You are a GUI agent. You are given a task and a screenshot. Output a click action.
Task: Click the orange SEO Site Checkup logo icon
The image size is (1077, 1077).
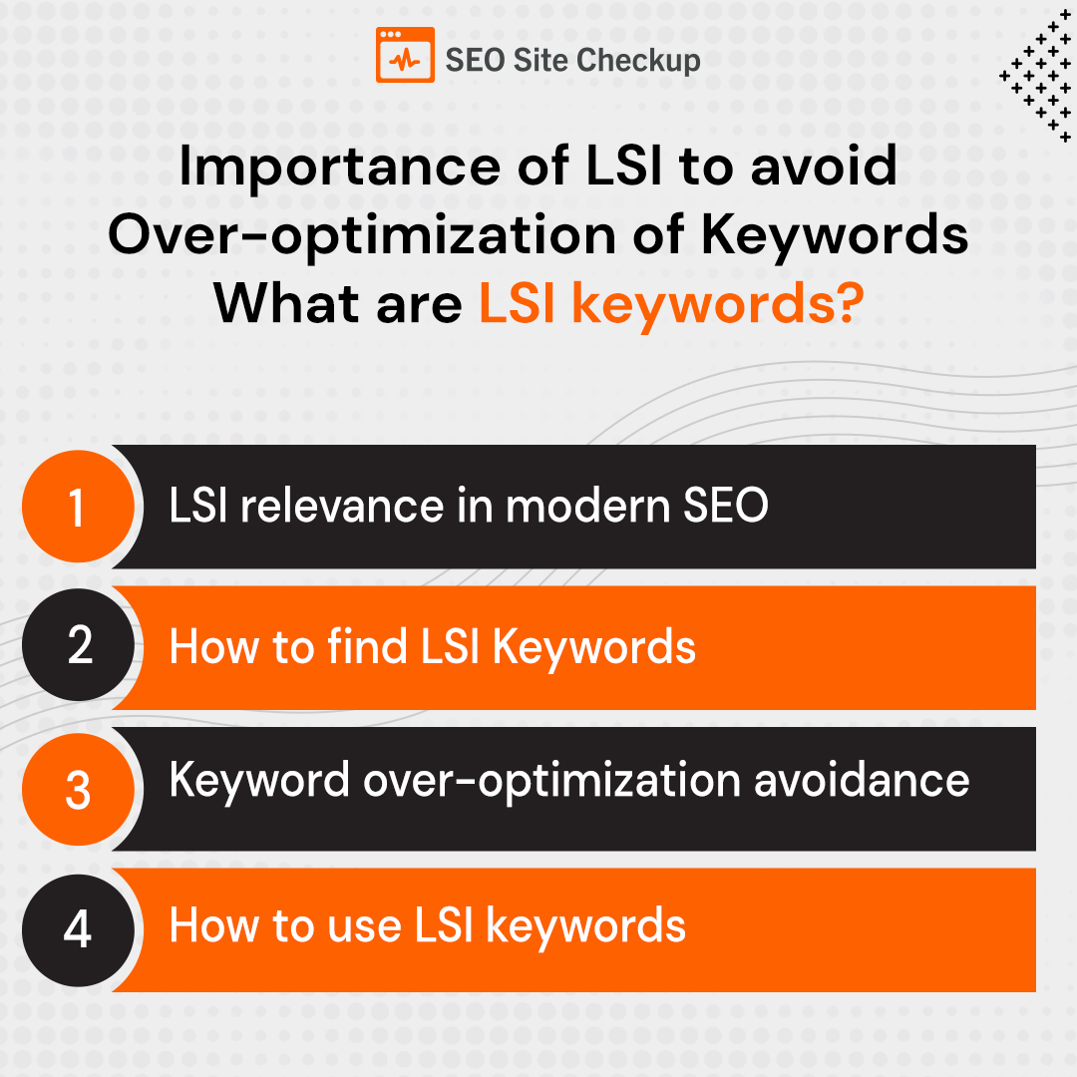point(405,55)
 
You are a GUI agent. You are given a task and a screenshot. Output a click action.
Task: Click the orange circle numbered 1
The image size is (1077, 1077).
point(77,508)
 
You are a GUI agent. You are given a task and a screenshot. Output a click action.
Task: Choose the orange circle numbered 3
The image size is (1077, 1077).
point(77,789)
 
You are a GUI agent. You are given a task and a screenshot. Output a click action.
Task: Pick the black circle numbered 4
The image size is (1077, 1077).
point(77,929)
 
